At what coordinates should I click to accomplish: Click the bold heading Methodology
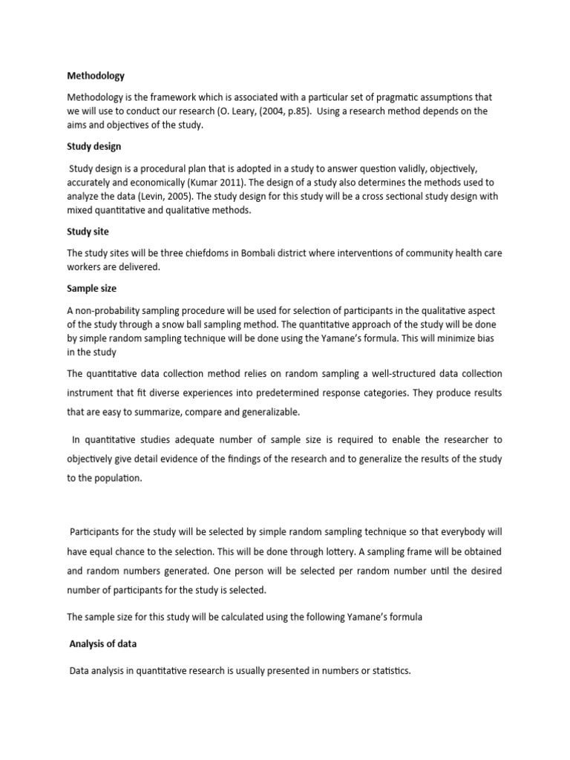click(96, 76)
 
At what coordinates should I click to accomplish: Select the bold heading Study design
click(94, 146)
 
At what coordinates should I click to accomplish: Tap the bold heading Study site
click(88, 232)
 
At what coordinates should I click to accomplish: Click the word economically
click(181, 182)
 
